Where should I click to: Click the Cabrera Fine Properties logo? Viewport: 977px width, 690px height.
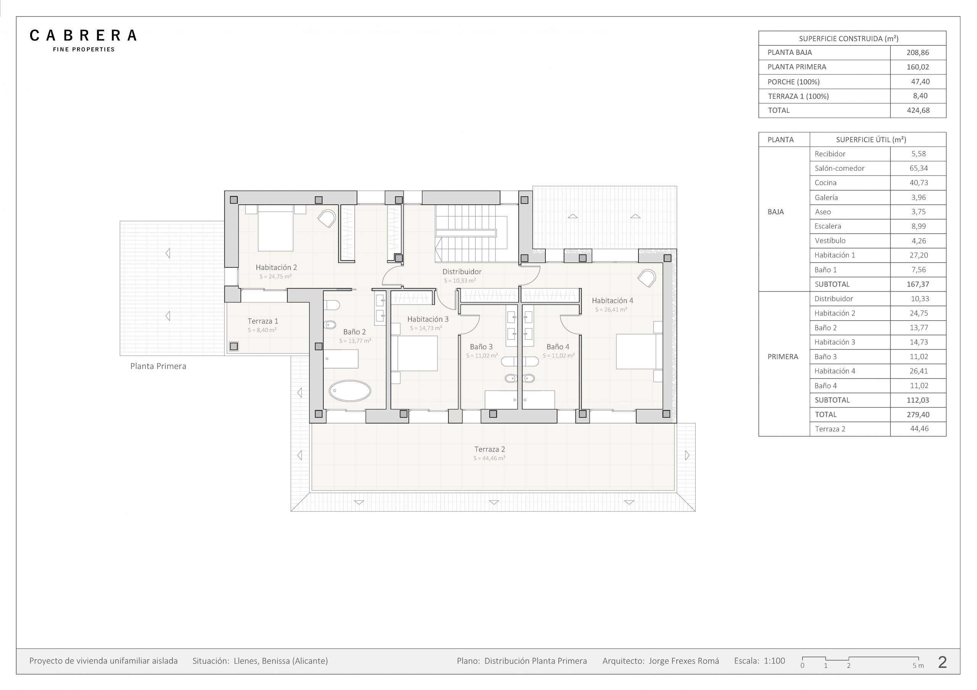[83, 41]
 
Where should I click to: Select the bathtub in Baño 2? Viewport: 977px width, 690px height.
[350, 391]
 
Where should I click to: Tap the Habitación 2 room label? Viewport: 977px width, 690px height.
[276, 267]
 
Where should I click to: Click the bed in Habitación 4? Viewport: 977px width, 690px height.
[639, 351]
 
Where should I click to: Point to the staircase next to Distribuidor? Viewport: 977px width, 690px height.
[471, 233]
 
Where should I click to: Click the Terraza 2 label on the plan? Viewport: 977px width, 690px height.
[490, 449]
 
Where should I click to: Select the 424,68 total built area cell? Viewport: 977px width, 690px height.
[918, 111]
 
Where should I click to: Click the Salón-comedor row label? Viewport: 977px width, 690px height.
[839, 168]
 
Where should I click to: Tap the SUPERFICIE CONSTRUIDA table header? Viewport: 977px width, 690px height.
[848, 39]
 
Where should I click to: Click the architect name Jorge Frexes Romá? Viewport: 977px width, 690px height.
[684, 661]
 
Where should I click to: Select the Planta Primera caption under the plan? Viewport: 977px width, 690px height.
[158, 366]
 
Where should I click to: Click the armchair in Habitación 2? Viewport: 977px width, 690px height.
[327, 218]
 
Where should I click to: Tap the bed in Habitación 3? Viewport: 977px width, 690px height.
[414, 353]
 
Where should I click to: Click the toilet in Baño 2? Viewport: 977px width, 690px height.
[332, 305]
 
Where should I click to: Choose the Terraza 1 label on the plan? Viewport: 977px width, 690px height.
[263, 321]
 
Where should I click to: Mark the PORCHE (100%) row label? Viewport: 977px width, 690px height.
[793, 82]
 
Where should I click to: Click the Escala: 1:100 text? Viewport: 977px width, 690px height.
[759, 661]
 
